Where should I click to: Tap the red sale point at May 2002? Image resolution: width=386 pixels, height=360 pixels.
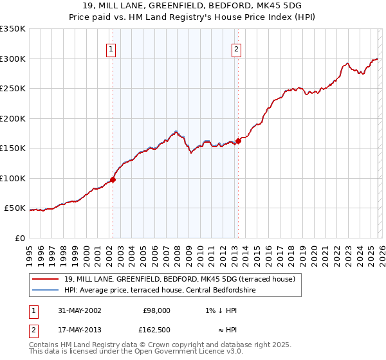[113, 180]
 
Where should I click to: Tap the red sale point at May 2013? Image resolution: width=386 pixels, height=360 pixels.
[238, 141]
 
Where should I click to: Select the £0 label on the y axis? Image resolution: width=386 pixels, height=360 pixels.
[19, 238]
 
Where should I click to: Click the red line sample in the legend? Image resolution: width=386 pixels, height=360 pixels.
[46, 279]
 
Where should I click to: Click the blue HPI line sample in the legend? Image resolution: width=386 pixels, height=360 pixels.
[46, 289]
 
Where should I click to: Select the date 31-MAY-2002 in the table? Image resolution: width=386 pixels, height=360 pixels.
[77, 310]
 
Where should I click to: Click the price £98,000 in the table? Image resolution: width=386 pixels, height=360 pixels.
[156, 310]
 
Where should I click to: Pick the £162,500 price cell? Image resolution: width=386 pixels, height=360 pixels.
[156, 329]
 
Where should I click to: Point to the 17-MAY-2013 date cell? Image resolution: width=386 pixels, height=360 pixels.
[77, 329]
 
